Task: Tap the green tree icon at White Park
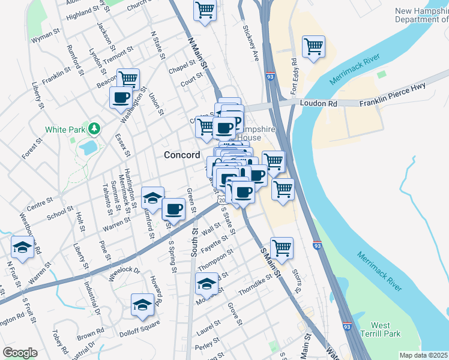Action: pos(94,128)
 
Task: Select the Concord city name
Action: pos(182,155)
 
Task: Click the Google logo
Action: pos(20,353)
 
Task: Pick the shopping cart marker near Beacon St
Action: pos(128,78)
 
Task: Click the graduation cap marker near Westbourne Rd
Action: pos(23,247)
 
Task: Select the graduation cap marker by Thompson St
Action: pos(206,283)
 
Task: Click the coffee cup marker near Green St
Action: pos(173,209)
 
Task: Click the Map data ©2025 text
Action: pos(423,355)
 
